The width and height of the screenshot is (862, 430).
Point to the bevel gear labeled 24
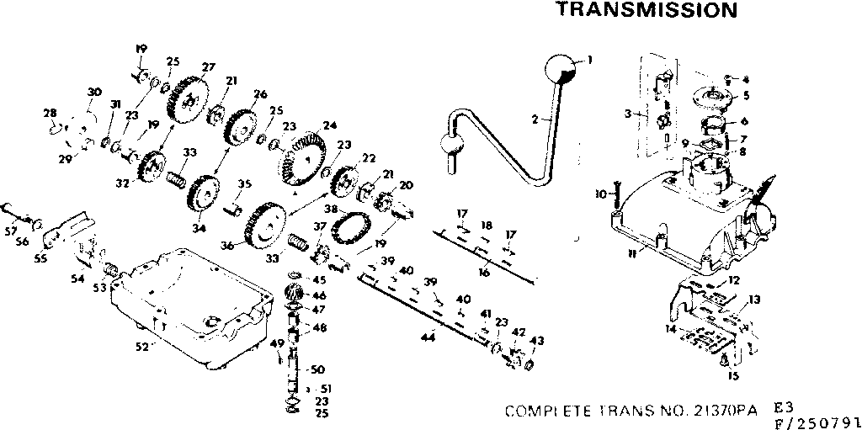pos(302,160)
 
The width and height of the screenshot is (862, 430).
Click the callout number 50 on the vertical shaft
pos(317,369)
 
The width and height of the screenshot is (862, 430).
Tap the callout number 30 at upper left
pos(94,93)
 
